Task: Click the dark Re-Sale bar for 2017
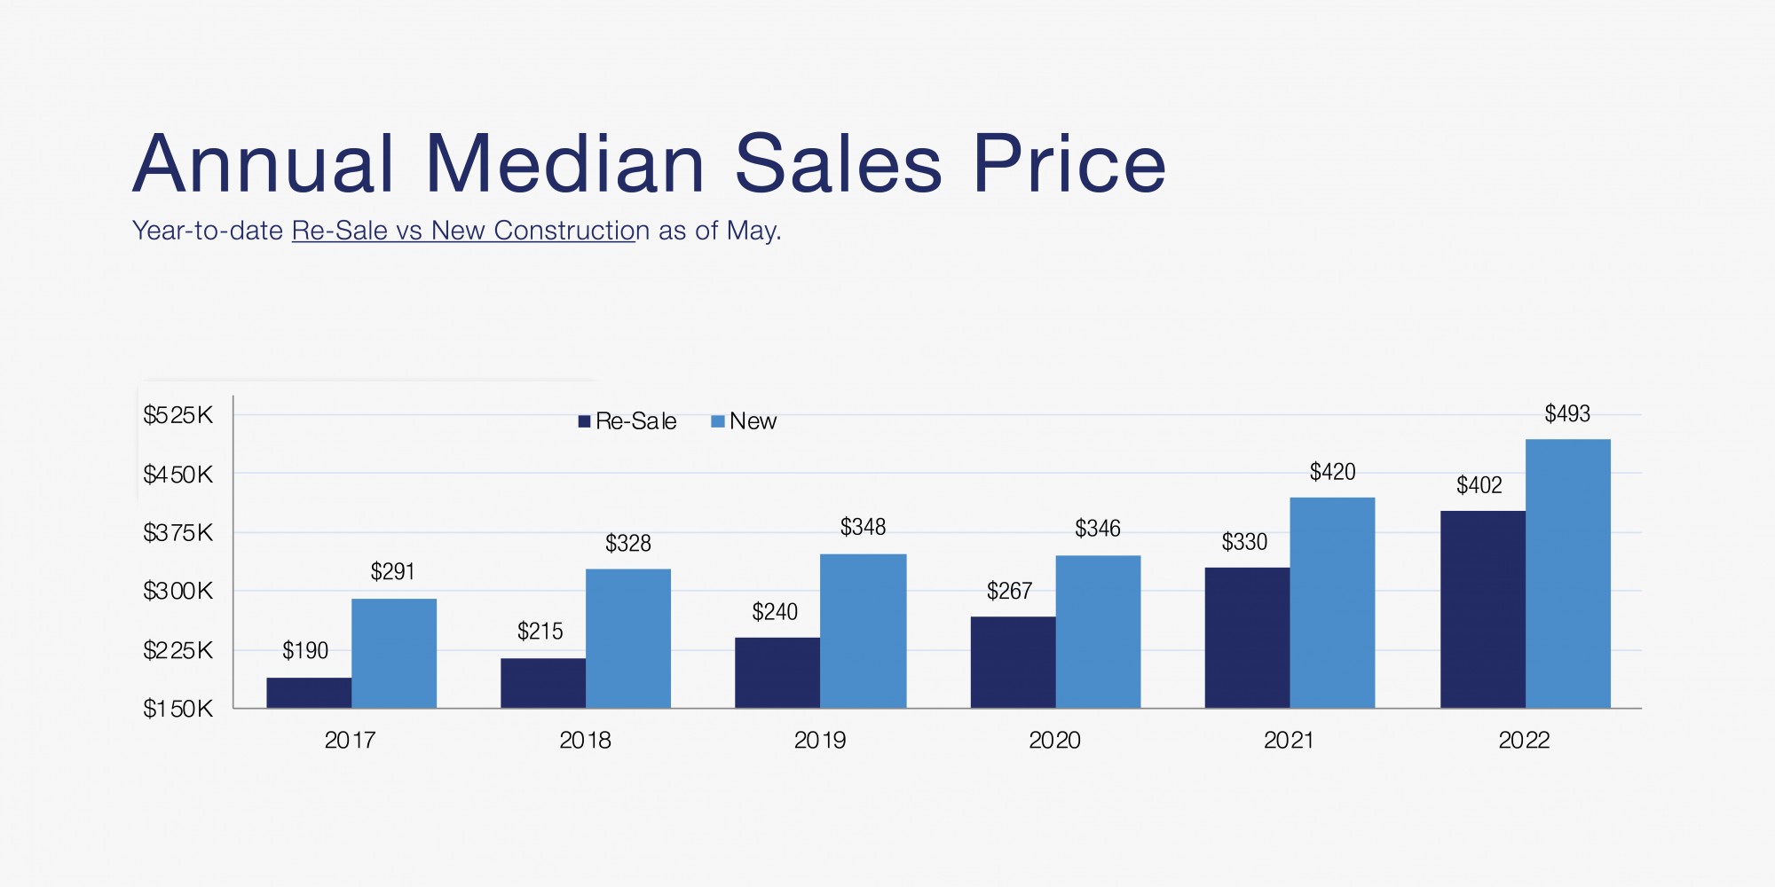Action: pos(309,693)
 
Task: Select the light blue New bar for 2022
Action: pos(1567,573)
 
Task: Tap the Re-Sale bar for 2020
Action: pos(1013,662)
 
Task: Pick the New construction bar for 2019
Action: pos(863,631)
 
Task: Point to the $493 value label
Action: pos(1567,414)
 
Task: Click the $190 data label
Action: pos(305,651)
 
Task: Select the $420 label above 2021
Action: pos(1332,472)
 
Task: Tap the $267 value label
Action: pos(1009,592)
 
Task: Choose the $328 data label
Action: pos(627,544)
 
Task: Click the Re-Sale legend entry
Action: pos(627,421)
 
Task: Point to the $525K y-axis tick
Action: pos(178,415)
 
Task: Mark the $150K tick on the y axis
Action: pos(178,709)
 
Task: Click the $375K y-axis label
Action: pos(178,533)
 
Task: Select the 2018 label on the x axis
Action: pos(585,741)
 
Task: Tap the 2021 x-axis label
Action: pos(1289,741)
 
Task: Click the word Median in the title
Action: pos(564,164)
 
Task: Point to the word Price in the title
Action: pos(1069,164)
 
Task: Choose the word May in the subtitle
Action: pos(751,231)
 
